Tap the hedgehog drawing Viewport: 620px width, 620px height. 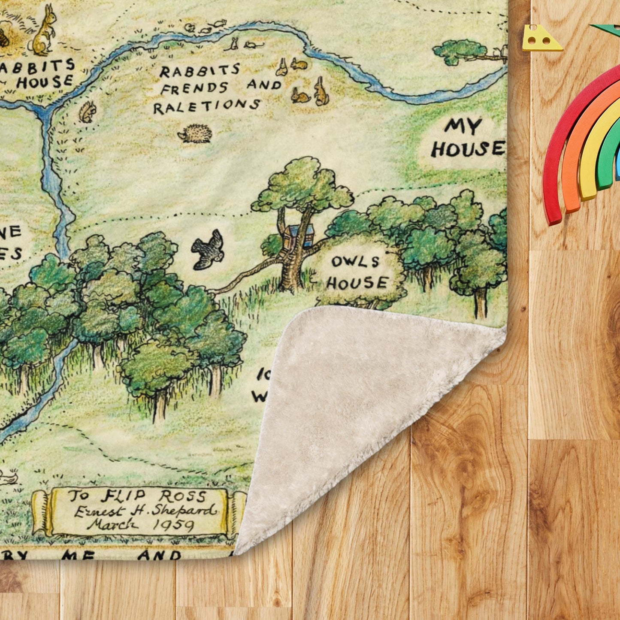coord(195,134)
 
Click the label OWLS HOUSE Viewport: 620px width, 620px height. coord(357,272)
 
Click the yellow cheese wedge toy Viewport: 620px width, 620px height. coord(541,39)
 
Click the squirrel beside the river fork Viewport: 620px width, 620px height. coord(88,112)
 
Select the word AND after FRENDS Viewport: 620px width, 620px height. coord(263,85)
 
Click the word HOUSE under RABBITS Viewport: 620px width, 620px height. coord(45,82)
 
